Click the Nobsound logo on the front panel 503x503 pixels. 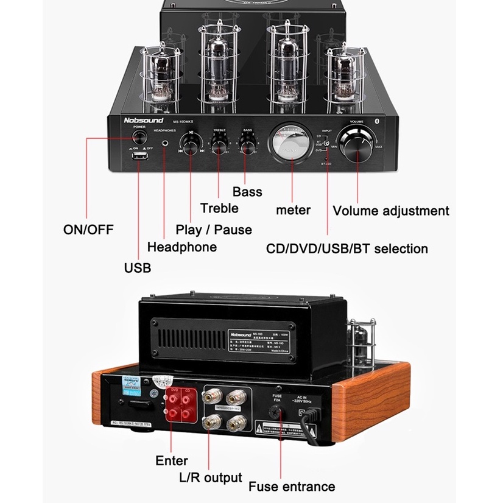[144, 121]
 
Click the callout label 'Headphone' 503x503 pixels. [182, 247]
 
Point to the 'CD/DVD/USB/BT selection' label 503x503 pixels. [347, 248]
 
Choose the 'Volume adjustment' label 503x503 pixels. [391, 211]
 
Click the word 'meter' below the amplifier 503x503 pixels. [294, 210]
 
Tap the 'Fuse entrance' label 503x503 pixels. [292, 486]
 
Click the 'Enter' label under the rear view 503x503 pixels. [172, 460]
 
